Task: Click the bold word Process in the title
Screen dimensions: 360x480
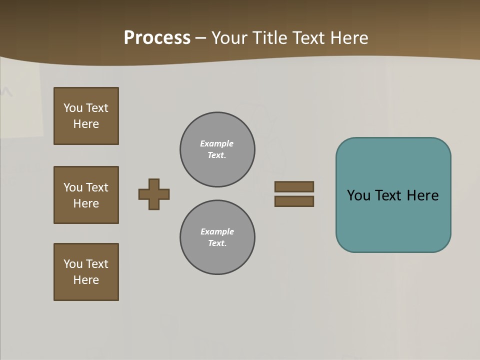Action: pyautogui.click(x=157, y=38)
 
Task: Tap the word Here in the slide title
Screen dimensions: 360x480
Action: pyautogui.click(x=348, y=38)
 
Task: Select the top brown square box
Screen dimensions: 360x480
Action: pyautogui.click(x=86, y=116)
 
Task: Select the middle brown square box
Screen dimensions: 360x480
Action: pyautogui.click(x=86, y=195)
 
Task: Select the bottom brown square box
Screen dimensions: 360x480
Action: pyautogui.click(x=86, y=272)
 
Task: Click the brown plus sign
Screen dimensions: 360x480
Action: pyautogui.click(x=154, y=194)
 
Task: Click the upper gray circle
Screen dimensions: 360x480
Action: pyautogui.click(x=217, y=149)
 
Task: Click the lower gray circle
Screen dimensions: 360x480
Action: pyautogui.click(x=217, y=237)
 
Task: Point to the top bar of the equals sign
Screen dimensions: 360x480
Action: pyautogui.click(x=294, y=186)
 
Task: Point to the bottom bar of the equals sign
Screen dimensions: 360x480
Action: pyautogui.click(x=294, y=201)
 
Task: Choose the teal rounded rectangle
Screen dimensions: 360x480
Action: pyautogui.click(x=393, y=220)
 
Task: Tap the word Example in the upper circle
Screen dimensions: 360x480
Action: pyautogui.click(x=216, y=143)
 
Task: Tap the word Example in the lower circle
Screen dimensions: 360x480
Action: pyautogui.click(x=217, y=231)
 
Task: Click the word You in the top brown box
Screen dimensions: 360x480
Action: pyautogui.click(x=73, y=108)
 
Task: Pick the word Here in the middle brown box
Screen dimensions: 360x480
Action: pyautogui.click(x=86, y=203)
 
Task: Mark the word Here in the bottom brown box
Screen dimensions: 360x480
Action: pyautogui.click(x=86, y=280)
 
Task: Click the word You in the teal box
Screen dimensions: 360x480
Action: pyautogui.click(x=358, y=195)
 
